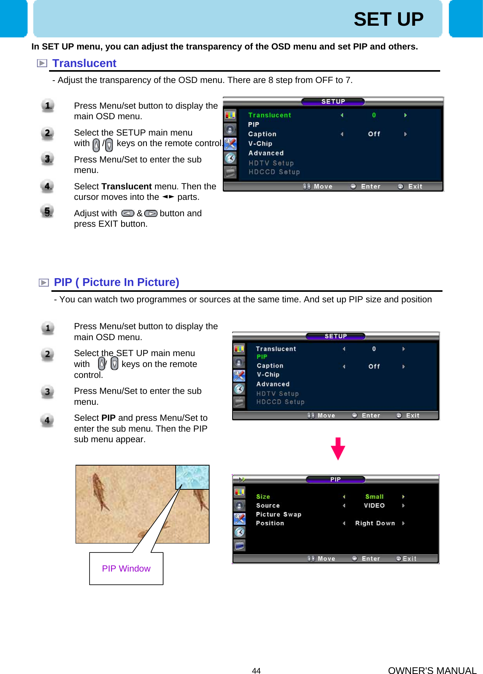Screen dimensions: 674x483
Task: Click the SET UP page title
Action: [x=388, y=19]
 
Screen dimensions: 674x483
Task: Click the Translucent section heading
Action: [x=84, y=64]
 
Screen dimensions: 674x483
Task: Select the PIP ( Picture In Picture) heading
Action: [x=116, y=282]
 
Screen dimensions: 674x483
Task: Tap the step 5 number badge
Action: [x=47, y=212]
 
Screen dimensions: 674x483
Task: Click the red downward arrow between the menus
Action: [x=338, y=448]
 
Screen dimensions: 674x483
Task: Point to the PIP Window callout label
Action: [x=126, y=568]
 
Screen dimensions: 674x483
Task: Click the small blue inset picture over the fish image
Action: [x=192, y=477]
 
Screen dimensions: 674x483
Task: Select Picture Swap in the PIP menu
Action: [x=279, y=514]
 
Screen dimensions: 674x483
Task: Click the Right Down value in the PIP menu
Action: [x=375, y=523]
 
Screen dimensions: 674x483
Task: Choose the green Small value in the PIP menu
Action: [x=374, y=497]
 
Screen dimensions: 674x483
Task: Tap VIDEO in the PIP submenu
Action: [x=374, y=506]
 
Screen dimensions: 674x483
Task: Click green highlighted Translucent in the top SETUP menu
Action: [x=270, y=115]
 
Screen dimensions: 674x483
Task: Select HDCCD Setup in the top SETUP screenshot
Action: [x=274, y=172]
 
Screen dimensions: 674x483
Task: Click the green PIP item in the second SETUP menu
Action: [x=262, y=357]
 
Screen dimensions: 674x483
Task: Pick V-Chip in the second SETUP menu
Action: [x=268, y=375]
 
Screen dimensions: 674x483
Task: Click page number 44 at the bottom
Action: [x=256, y=670]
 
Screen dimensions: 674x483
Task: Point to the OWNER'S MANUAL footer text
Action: [x=432, y=670]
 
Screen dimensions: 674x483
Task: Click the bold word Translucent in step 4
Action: [x=126, y=187]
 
